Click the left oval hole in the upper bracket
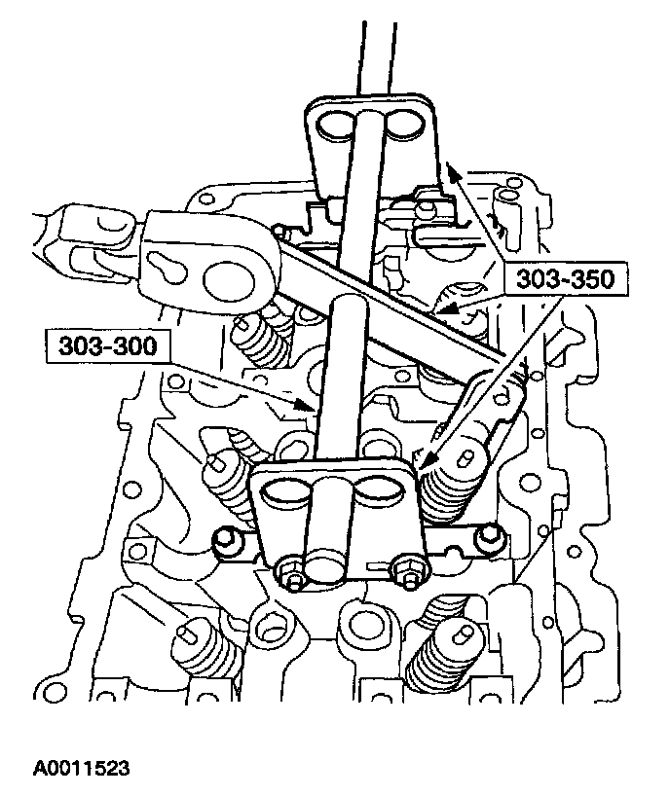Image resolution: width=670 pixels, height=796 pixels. pyautogui.click(x=331, y=125)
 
